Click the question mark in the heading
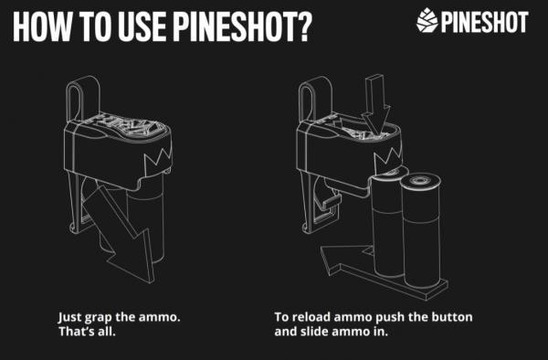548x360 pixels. click(301, 26)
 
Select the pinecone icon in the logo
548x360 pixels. click(427, 21)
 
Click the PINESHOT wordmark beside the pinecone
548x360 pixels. click(484, 22)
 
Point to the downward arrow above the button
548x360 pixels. click(375, 106)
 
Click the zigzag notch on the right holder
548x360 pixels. click(388, 161)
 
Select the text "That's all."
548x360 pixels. click(87, 331)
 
